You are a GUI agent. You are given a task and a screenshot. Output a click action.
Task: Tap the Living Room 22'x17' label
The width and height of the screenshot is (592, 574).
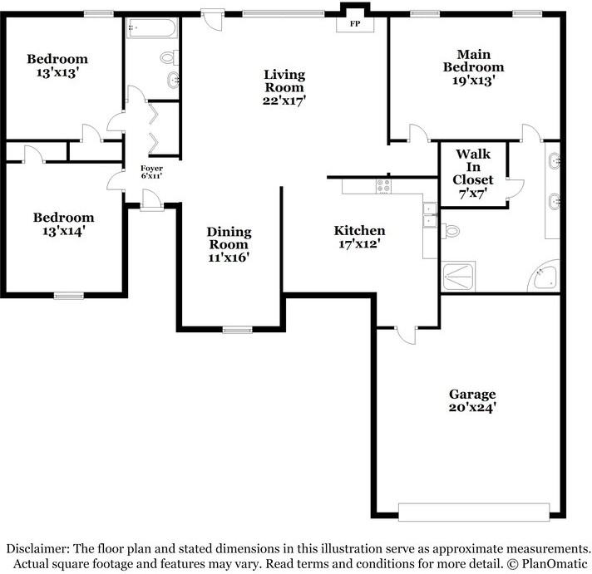pyautogui.click(x=284, y=87)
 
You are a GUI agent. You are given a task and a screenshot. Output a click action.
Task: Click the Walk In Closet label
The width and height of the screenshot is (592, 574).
pyautogui.click(x=472, y=173)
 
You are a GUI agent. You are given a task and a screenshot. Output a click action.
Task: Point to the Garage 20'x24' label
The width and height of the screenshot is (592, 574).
pyautogui.click(x=472, y=400)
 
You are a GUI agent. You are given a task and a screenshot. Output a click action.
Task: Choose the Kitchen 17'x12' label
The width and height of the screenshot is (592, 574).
pyautogui.click(x=359, y=237)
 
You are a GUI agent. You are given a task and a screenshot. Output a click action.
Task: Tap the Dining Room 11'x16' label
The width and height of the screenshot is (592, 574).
pyautogui.click(x=228, y=245)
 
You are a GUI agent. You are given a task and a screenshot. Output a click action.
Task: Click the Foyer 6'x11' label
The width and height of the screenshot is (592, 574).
pyautogui.click(x=150, y=173)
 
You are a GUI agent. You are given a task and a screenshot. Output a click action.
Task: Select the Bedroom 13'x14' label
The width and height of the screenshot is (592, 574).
pyautogui.click(x=63, y=224)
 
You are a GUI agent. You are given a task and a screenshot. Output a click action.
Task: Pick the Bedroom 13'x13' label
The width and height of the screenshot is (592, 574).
pyautogui.click(x=57, y=66)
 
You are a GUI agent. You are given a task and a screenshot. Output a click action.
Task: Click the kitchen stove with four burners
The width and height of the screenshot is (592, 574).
pyautogui.click(x=383, y=186)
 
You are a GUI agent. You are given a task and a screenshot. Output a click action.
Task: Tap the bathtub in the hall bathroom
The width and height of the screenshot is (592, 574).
pyautogui.click(x=151, y=30)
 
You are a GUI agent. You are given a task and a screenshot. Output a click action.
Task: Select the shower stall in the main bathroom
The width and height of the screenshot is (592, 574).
pyautogui.click(x=458, y=276)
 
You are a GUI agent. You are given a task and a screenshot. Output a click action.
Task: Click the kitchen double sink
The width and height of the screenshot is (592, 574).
pyautogui.click(x=430, y=215)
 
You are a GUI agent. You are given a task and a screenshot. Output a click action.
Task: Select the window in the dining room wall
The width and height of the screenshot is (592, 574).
pyautogui.click(x=238, y=330)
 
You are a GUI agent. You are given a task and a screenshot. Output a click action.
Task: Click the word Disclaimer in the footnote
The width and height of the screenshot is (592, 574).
pyautogui.click(x=37, y=549)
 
